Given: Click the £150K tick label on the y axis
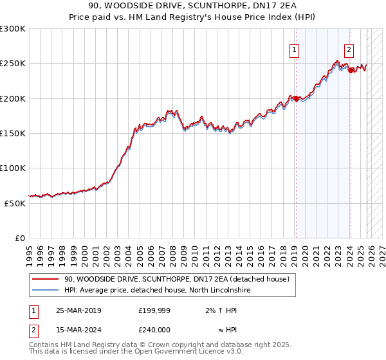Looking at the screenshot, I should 12,133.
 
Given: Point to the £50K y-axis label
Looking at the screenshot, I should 14,203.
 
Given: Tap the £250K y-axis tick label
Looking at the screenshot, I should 12,64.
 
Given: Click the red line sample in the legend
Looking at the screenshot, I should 45,279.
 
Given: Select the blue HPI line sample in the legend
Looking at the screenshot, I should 45,291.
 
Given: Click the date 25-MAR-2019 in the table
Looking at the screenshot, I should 78,310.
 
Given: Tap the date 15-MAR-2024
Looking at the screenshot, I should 78,329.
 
